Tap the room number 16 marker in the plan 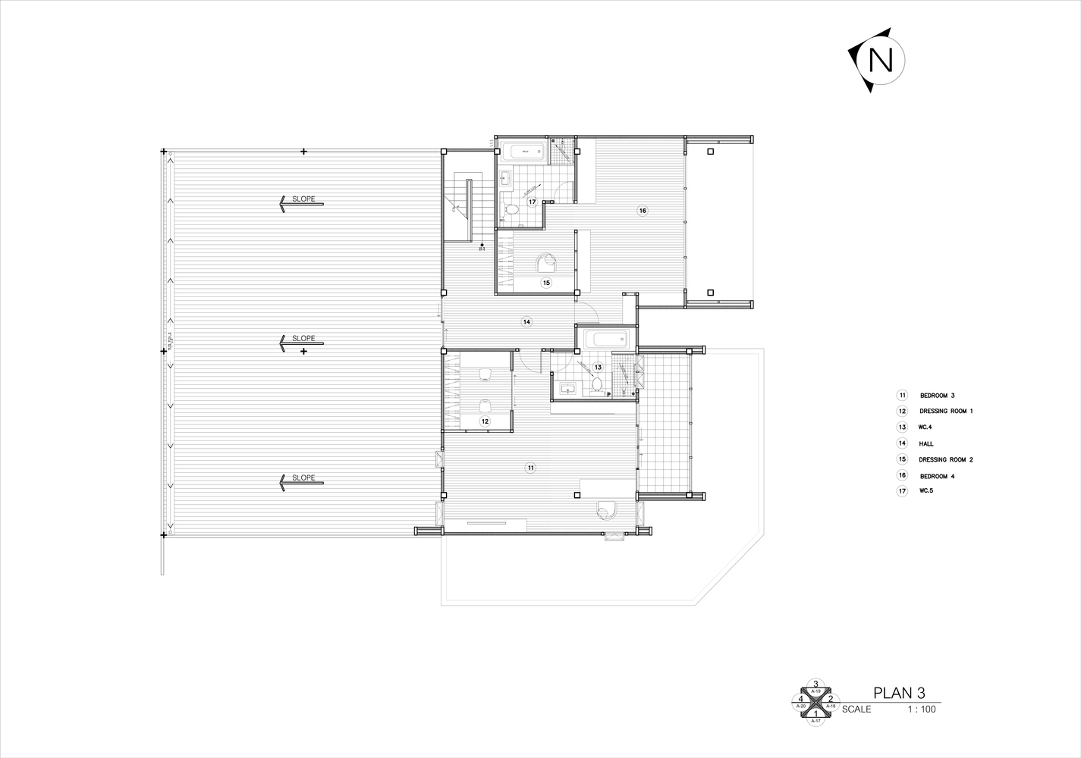(x=642, y=211)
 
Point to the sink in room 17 (x=505, y=180)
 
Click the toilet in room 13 (x=598, y=384)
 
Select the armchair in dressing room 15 (x=545, y=262)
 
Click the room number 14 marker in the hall (x=526, y=322)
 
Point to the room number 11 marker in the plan (x=530, y=468)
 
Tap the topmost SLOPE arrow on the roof (x=300, y=202)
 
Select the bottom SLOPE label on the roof (x=303, y=478)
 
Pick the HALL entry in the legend (x=926, y=443)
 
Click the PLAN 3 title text (x=899, y=693)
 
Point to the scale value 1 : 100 (x=922, y=709)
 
